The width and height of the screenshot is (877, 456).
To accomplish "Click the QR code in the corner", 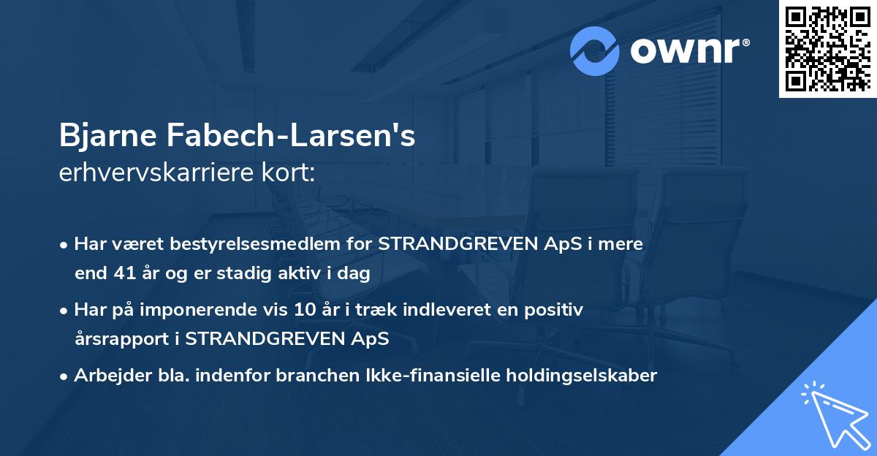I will (x=827, y=49).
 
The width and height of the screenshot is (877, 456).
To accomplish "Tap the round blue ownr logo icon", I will (x=596, y=51).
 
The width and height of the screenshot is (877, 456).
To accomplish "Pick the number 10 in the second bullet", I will (x=304, y=310).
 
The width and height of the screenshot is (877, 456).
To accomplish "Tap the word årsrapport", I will (x=124, y=339).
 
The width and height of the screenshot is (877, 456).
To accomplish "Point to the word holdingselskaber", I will (x=575, y=376).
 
